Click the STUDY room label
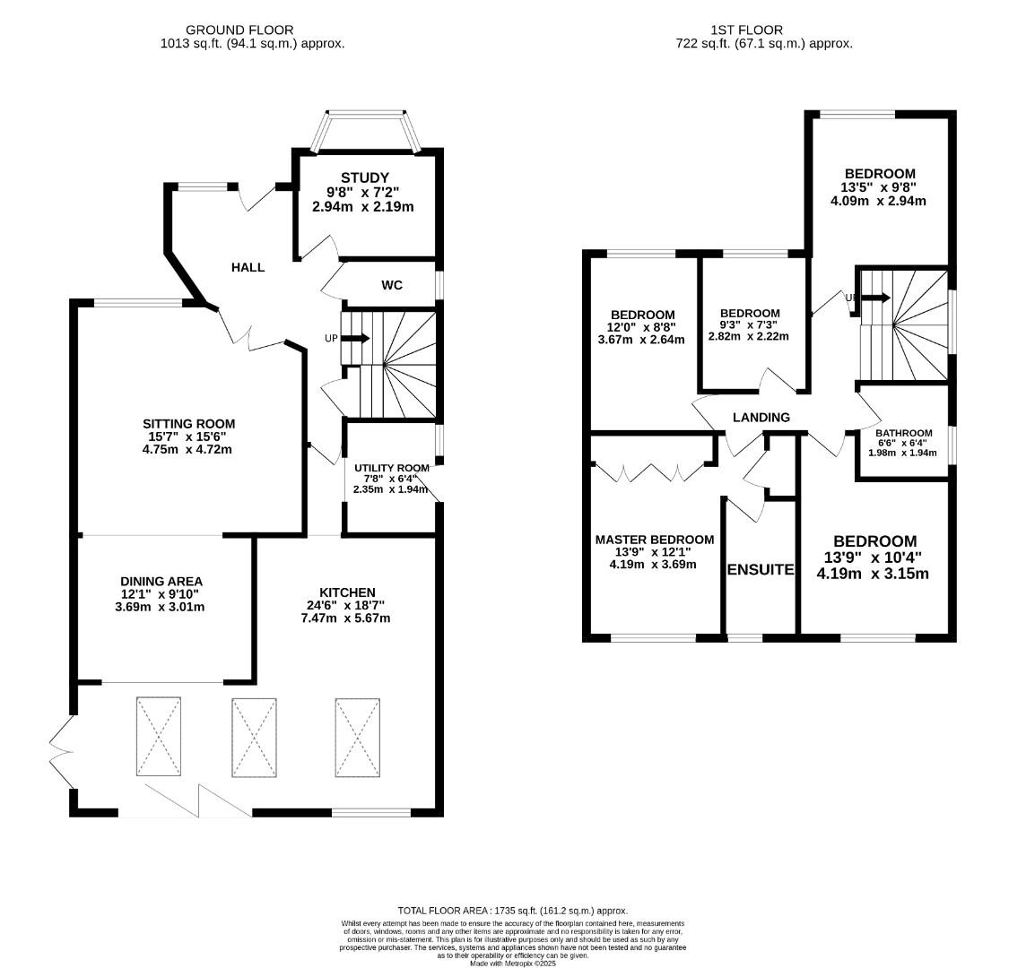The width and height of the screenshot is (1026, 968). click(364, 177)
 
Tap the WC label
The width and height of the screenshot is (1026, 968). click(392, 285)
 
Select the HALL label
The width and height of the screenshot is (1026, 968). click(248, 267)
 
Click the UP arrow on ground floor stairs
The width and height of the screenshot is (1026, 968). click(355, 338)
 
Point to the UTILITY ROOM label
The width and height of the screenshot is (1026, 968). click(391, 468)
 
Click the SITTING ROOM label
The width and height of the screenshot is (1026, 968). click(188, 423)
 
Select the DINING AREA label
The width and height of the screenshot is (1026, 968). click(161, 581)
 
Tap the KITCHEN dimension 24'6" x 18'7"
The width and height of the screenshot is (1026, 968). click(347, 605)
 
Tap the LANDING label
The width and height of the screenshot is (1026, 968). click(761, 417)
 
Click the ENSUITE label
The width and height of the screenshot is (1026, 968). click(761, 569)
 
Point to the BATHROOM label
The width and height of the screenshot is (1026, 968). click(903, 433)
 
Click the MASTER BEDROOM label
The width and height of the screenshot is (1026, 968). click(655, 539)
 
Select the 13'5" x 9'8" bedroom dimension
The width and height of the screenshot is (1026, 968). click(880, 187)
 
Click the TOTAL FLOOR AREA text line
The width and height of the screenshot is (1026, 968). click(513, 910)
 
